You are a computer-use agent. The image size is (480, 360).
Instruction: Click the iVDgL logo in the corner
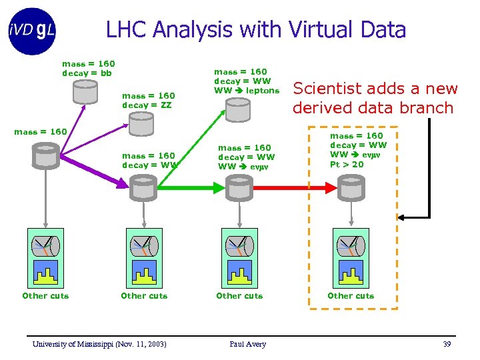point(33,30)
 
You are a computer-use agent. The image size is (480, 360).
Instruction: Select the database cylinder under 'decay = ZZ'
point(141,123)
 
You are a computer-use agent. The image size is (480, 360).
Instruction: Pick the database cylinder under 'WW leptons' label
point(239,109)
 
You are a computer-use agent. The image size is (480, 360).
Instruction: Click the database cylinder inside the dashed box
point(351,187)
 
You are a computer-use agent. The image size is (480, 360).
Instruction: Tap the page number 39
point(447,344)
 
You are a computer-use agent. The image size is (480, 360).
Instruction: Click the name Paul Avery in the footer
point(247,344)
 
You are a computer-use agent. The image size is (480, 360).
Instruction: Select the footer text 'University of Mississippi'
point(73,344)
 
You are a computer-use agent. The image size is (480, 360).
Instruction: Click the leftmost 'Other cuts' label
point(45,295)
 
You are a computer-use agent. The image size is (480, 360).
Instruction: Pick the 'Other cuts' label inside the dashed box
point(351,295)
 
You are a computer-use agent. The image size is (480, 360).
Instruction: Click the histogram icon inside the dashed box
point(351,272)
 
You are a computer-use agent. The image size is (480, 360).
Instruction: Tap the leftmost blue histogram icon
point(45,272)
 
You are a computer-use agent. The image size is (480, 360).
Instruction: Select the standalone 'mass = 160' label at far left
point(41,131)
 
